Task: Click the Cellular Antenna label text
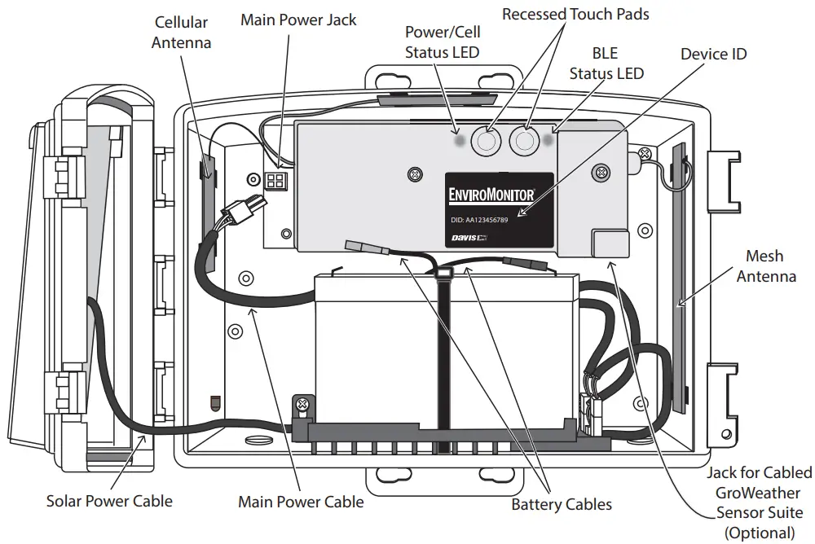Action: [181, 32]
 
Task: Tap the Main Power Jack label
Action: [298, 20]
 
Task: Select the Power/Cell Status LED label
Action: [443, 42]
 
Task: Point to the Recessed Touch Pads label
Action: [575, 14]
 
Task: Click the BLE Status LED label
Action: [606, 64]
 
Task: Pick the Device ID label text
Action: [713, 54]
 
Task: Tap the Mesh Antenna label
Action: [766, 266]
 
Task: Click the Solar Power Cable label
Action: [109, 499]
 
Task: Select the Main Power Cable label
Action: [301, 501]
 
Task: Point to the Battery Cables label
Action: [561, 504]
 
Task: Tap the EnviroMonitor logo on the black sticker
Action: [492, 195]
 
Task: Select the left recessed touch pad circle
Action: [487, 143]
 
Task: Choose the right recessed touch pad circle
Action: [524, 142]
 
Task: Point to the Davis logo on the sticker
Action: [469, 238]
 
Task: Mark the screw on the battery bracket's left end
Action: [302, 404]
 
